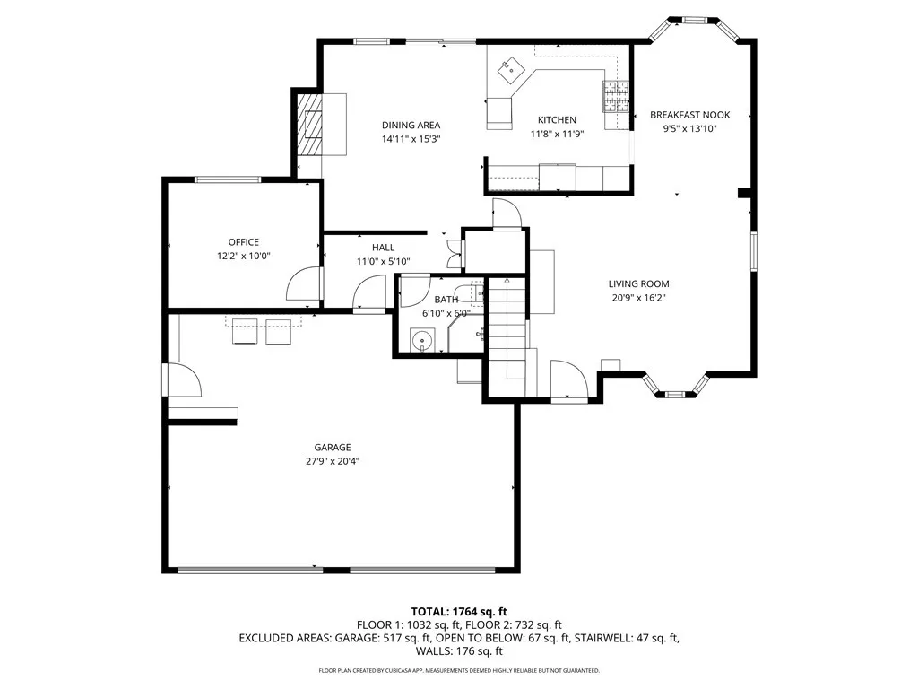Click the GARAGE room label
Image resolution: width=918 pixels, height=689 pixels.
[332, 448]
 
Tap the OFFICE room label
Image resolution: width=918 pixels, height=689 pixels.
[243, 242]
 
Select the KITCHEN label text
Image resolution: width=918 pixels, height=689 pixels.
[557, 120]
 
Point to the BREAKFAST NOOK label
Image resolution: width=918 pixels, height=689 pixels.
[689, 115]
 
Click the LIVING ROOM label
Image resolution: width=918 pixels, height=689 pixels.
[638, 284]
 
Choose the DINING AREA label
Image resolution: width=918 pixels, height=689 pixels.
[411, 126]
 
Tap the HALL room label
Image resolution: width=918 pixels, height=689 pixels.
[383, 248]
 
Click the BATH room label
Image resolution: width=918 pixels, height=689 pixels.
[446, 300]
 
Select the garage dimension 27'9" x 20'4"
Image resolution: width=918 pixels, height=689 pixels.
[332, 461]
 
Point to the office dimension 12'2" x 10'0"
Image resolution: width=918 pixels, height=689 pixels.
[243, 256]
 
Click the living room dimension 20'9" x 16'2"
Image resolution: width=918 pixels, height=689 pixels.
[638, 298]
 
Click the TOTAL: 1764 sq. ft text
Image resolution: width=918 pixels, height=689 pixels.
[459, 612]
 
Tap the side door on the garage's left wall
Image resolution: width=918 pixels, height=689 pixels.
[184, 381]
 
